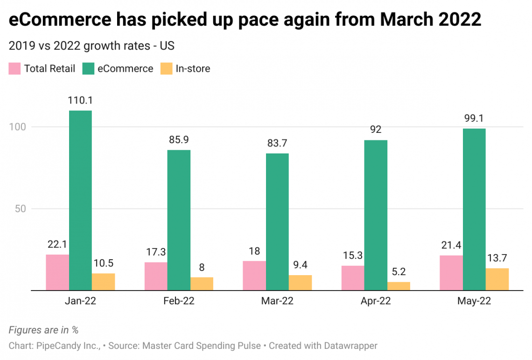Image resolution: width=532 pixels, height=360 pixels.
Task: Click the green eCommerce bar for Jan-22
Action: [x=80, y=201]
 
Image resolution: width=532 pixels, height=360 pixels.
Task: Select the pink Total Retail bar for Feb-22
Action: [x=156, y=276]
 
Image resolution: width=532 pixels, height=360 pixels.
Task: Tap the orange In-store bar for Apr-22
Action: [x=399, y=286]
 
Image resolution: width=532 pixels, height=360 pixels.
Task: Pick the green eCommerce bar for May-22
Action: [x=474, y=209]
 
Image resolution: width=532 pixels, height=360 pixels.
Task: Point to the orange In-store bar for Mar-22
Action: [x=301, y=283]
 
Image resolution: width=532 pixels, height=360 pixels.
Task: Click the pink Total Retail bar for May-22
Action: [x=451, y=273]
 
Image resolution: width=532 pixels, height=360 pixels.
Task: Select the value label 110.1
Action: [x=80, y=100]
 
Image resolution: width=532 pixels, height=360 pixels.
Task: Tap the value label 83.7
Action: [x=277, y=143]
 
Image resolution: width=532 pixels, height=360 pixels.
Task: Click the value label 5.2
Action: [x=399, y=271]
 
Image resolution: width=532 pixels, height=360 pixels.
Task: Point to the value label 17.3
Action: [x=156, y=252]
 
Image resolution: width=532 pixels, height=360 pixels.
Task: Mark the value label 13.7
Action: [x=497, y=258]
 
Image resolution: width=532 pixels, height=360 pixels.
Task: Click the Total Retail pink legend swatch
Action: [x=14, y=69]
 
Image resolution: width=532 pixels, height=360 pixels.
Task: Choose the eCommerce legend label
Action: [x=125, y=69]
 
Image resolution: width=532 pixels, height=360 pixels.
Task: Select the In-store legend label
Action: [x=193, y=69]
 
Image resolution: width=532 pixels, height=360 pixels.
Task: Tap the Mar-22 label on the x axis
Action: [x=277, y=301]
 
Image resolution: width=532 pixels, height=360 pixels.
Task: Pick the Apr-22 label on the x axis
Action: [x=376, y=301]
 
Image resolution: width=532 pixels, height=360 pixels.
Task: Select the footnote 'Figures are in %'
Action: [x=43, y=330]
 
